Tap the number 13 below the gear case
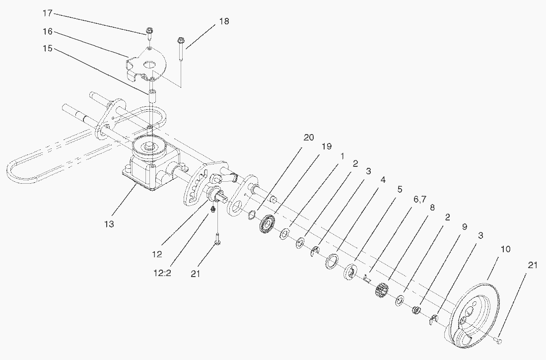pos(109,224)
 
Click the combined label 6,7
pos(419,199)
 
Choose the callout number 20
pos(308,138)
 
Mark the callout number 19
pos(326,147)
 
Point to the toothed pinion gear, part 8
pos(381,289)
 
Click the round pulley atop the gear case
pos(148,146)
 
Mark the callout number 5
pos(400,189)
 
